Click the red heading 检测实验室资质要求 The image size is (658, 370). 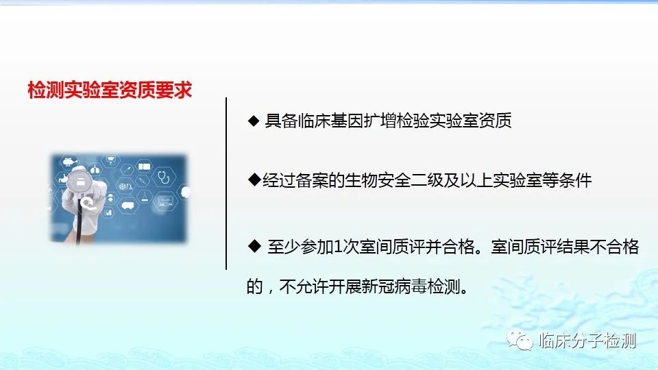click(x=110, y=90)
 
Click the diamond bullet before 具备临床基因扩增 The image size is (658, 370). click(x=254, y=121)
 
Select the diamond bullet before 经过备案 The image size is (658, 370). click(x=254, y=180)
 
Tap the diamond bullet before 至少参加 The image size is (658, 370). click(x=254, y=246)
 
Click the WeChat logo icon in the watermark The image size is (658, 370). click(x=520, y=340)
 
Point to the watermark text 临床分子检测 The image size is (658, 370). click(x=587, y=341)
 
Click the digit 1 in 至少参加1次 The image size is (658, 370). click(x=337, y=247)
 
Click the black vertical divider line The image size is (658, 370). click(x=226, y=184)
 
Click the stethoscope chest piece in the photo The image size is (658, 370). click(x=78, y=181)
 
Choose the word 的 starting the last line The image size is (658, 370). click(x=254, y=287)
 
